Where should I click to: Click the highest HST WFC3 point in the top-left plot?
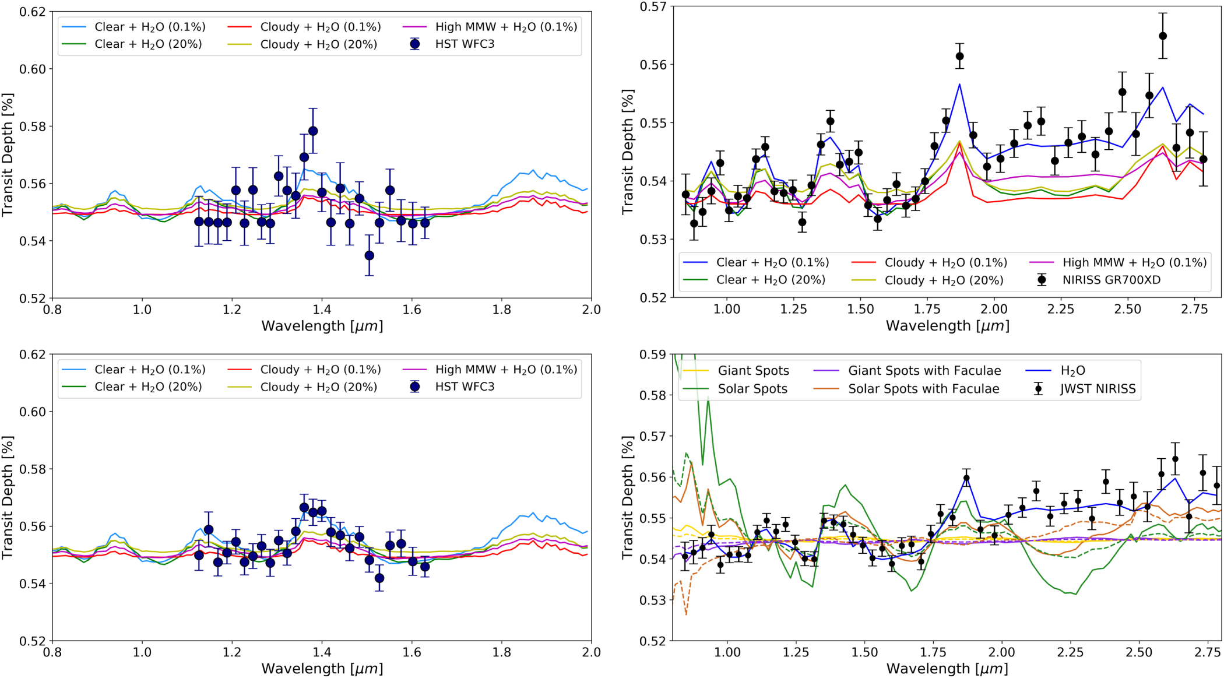pyautogui.click(x=313, y=131)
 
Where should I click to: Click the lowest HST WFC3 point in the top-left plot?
pyautogui.click(x=369, y=255)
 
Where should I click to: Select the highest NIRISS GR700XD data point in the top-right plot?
pyautogui.click(x=1163, y=36)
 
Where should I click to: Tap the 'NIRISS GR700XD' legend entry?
pyautogui.click(x=1111, y=280)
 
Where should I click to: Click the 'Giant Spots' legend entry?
pyautogui.click(x=753, y=371)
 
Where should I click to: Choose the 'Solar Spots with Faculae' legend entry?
pyautogui.click(x=923, y=389)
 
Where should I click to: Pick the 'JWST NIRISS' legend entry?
pyautogui.click(x=1098, y=389)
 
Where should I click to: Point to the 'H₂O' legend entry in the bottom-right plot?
pyautogui.click(x=1072, y=371)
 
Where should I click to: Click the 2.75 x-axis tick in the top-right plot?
pyautogui.click(x=1194, y=309)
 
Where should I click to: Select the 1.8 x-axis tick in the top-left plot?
pyautogui.click(x=501, y=309)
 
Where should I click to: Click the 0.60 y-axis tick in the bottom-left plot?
pyautogui.click(x=33, y=412)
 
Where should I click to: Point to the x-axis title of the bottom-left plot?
pyautogui.click(x=322, y=668)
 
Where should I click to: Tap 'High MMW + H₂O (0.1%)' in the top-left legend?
pyautogui.click(x=506, y=27)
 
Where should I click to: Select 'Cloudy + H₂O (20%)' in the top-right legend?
pyautogui.click(x=944, y=280)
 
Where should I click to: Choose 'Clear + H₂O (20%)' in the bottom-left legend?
pyautogui.click(x=148, y=387)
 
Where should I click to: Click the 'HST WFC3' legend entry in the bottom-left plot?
pyautogui.click(x=465, y=387)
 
